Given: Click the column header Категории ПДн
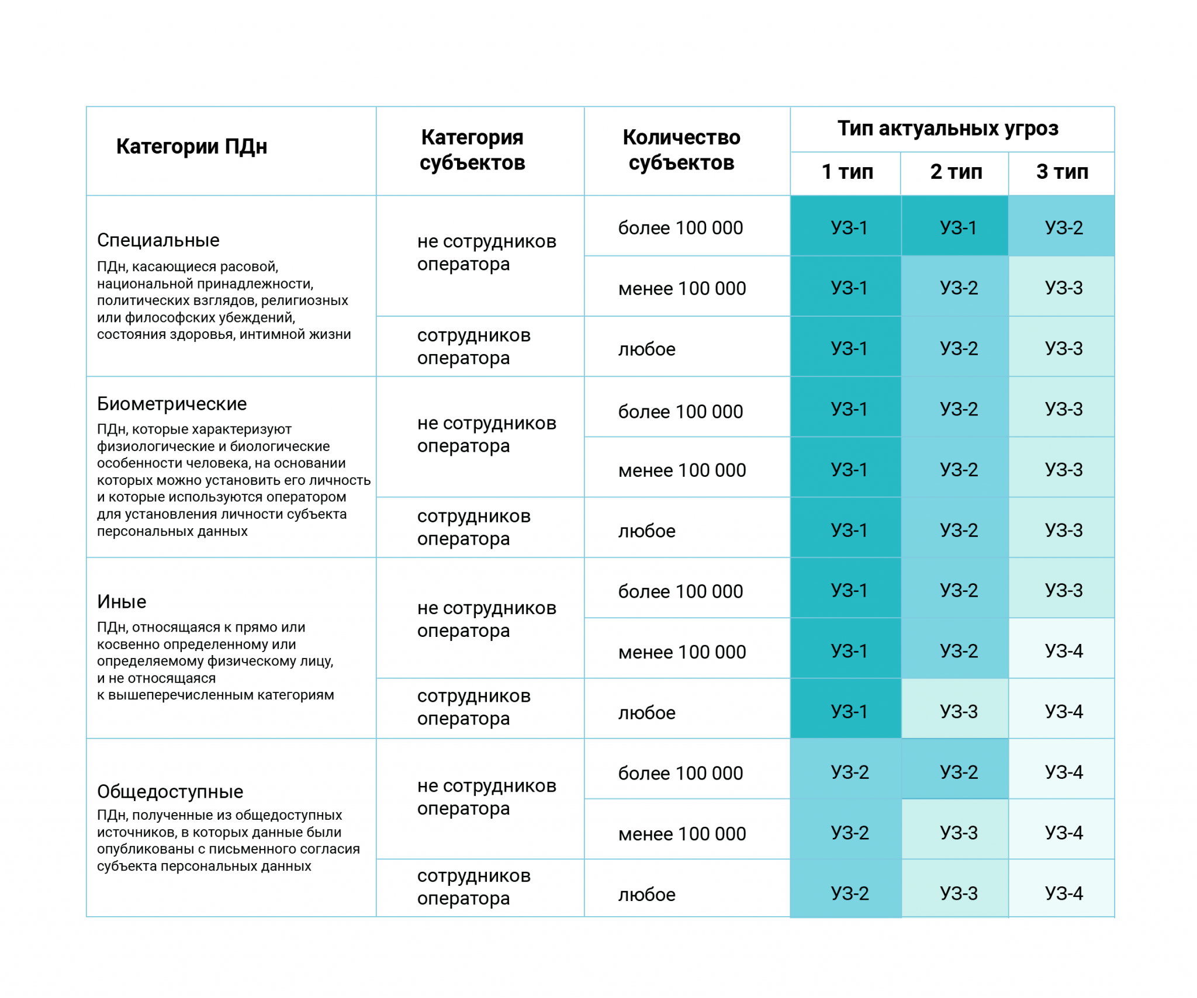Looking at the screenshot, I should coord(192,146).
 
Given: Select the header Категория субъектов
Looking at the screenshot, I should coord(472,150).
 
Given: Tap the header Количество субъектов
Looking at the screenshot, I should coord(681,150).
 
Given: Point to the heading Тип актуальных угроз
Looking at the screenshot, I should coord(947,129).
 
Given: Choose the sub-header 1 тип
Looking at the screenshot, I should coord(847,172).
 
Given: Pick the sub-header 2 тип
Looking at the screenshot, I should coord(956,172).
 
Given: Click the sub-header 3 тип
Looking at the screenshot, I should coord(1062,172).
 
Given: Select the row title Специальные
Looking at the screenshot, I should coord(158,240).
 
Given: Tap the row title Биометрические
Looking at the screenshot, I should coord(172,404).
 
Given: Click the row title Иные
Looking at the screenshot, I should coord(122,602).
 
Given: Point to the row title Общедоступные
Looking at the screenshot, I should coord(170,792).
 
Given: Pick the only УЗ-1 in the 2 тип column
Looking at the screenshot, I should coord(958,228).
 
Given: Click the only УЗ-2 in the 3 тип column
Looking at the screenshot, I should coord(1064,228).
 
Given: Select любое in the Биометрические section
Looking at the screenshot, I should coord(647,531).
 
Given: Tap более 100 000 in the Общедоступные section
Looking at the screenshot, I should coord(680,774).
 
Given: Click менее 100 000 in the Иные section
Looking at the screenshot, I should coord(682,652).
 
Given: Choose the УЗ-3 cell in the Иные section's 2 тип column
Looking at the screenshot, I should coord(959,712).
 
